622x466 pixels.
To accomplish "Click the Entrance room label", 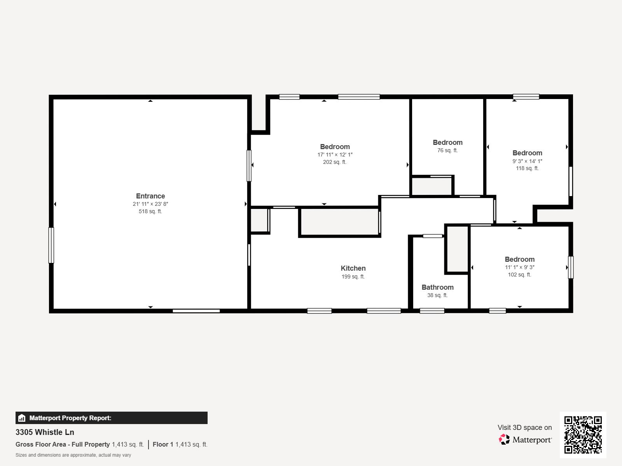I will pos(150,196).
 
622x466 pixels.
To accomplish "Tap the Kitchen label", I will pos(353,268).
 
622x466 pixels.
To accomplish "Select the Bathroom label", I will pos(437,287).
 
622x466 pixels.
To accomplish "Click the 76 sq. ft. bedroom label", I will pos(447,143).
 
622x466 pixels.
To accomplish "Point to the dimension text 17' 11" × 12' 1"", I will pos(335,155).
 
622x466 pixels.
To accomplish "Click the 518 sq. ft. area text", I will pos(150,212).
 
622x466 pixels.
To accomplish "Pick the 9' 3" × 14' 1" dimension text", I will pos(527,161).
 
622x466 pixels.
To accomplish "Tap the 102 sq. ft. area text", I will pos(519,275).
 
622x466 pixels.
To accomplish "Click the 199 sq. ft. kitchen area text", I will pos(353,276).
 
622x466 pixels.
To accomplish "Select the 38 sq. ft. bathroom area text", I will pos(437,295).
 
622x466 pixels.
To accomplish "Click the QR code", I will pos(583,435).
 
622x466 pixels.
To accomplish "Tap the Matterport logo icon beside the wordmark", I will pos(504,440).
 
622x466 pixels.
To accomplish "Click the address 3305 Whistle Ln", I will pos(45,432).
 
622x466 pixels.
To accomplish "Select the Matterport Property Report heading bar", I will pos(111,418).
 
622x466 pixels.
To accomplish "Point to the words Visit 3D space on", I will pos(524,428).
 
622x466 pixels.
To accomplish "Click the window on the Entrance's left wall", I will pos(51,245).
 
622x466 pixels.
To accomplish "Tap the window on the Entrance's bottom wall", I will pos(196,311).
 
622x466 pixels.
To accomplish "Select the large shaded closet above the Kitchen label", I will pos(339,222).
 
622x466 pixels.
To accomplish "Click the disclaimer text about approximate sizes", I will pos(73,455).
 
